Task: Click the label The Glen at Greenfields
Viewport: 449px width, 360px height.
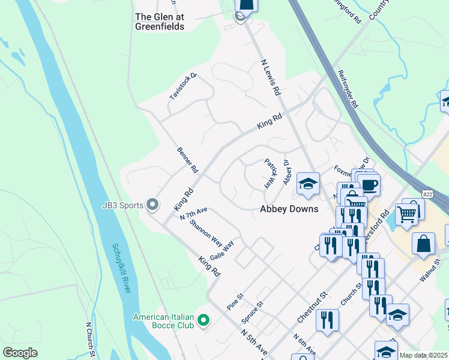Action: pos(159,22)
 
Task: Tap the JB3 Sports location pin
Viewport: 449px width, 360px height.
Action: pos(152,205)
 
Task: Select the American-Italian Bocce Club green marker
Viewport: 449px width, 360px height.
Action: pos(203,321)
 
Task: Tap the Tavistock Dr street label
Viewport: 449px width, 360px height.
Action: pos(182,86)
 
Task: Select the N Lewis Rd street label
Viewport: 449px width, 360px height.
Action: pos(270,77)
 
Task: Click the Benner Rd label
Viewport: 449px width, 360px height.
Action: pos(187,160)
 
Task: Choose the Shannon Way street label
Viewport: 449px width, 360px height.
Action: pos(205,232)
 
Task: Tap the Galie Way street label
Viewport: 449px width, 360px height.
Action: pos(221,250)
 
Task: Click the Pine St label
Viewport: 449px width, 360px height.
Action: pos(235,297)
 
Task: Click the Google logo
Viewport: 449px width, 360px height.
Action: pos(20,353)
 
